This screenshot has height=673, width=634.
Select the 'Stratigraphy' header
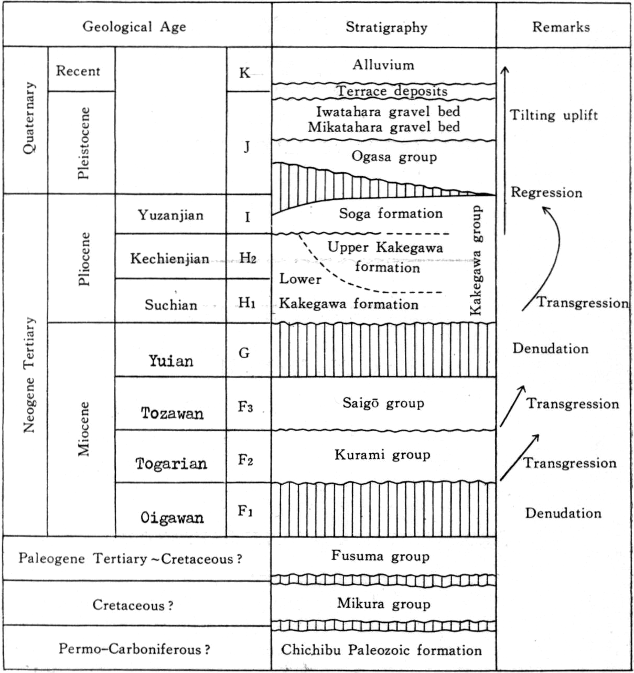pyautogui.click(x=386, y=27)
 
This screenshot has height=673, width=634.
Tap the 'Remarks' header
pyautogui.click(x=561, y=27)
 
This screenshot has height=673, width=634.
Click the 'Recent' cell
pyautogui.click(x=78, y=71)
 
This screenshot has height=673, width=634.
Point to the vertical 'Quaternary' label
pyautogui.click(x=29, y=118)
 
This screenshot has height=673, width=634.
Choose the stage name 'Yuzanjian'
pyautogui.click(x=170, y=216)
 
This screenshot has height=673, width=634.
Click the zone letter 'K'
pyautogui.click(x=245, y=72)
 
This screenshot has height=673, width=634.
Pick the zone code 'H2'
pyautogui.click(x=248, y=259)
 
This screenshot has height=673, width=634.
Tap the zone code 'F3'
pyautogui.click(x=245, y=407)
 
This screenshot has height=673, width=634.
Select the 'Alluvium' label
pyautogui.click(x=383, y=65)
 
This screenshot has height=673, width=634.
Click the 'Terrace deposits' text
pyautogui.click(x=392, y=91)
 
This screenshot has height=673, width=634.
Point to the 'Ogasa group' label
pyautogui.click(x=394, y=156)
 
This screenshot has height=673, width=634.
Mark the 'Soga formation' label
pyautogui.click(x=391, y=213)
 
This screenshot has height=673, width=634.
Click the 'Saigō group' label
pyautogui.click(x=383, y=403)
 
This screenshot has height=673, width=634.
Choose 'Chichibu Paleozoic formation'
pyautogui.click(x=381, y=650)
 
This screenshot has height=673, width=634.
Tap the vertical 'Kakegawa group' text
pyautogui.click(x=476, y=260)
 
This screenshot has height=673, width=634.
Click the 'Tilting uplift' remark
pyautogui.click(x=554, y=115)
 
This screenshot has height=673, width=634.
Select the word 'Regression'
pyautogui.click(x=546, y=193)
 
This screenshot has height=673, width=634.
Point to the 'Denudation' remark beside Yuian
pyautogui.click(x=550, y=348)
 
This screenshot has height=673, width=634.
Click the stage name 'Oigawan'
pyautogui.click(x=172, y=517)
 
